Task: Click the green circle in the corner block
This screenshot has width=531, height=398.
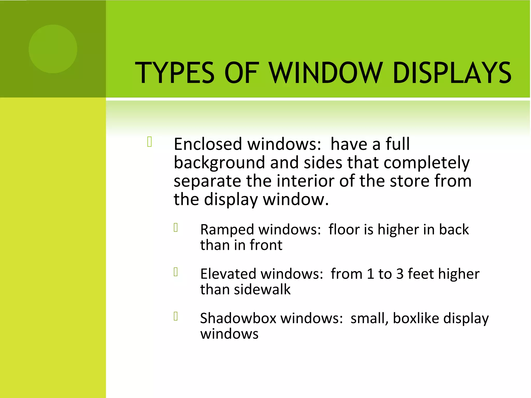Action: pos(53,49)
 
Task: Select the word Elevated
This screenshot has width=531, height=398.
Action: pos(228,274)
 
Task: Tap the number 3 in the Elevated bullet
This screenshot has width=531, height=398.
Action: pos(400,274)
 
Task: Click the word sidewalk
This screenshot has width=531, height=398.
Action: pos(262,289)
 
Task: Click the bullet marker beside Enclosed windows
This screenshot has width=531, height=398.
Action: pos(150,142)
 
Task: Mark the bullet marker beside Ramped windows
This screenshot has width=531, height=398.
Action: pos(176,228)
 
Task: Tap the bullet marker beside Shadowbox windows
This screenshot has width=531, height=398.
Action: pos(176,316)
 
